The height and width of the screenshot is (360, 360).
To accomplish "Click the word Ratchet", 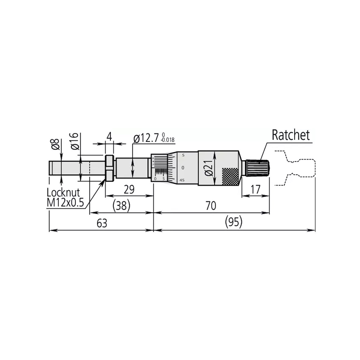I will point(290,135).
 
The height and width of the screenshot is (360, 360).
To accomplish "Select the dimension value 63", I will point(102,223).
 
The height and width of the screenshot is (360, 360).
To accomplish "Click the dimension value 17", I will point(255,189).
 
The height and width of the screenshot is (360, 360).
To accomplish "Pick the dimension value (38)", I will point(121,206).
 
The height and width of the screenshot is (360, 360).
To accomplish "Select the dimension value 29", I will point(129,190).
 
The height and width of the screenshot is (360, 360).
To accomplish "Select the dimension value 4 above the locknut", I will point(109,136).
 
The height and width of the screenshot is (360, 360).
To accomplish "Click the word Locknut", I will point(63,192).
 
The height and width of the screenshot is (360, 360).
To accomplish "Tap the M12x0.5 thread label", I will point(65,202).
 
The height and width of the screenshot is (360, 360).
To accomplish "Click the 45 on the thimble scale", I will point(182,180).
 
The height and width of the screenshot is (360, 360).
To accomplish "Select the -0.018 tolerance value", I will point(168,140).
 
